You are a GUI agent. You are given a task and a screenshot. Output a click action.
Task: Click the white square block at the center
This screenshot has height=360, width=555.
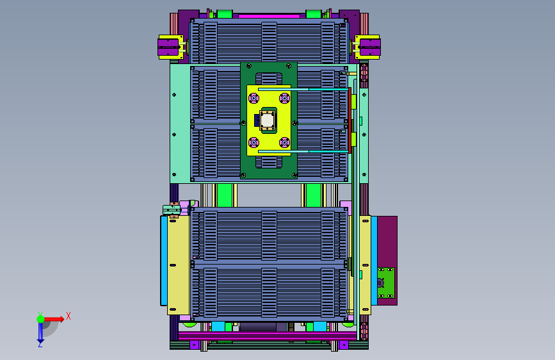coord(267,120)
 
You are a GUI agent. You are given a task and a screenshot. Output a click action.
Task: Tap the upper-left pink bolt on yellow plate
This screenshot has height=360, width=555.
coord(253,98)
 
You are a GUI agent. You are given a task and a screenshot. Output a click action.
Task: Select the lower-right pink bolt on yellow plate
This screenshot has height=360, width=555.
coord(284,142)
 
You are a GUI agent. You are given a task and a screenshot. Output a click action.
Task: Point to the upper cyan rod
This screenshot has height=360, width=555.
coord(303,89)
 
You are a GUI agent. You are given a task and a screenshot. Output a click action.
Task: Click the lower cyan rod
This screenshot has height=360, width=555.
coord(303,151)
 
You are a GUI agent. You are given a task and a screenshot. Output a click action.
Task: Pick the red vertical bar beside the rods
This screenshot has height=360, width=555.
coord(350,120)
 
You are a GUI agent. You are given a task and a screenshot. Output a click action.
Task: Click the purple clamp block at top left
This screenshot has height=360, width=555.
coord(168,47)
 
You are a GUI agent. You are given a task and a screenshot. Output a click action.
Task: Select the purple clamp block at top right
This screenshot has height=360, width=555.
coord(370,47)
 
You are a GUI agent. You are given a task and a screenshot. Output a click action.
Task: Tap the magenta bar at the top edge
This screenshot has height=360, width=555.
coord(269,16)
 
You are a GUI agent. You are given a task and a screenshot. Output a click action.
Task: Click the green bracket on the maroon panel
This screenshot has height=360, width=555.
coord(386,283)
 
